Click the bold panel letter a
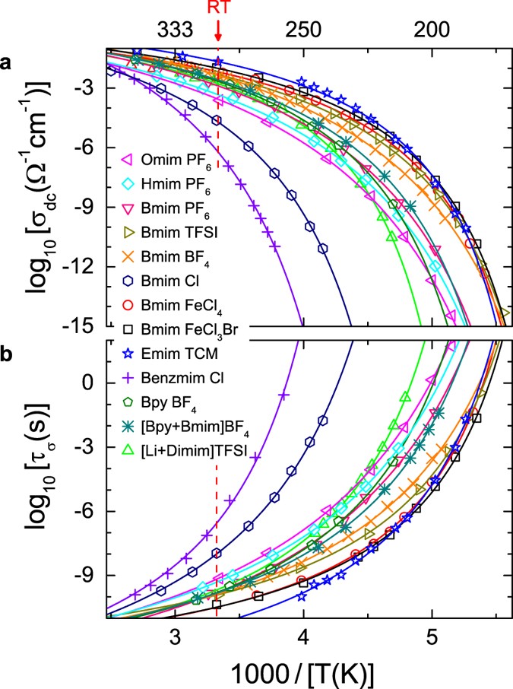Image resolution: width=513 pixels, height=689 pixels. pos(10,64)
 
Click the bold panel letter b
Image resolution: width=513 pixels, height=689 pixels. pos(10,354)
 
